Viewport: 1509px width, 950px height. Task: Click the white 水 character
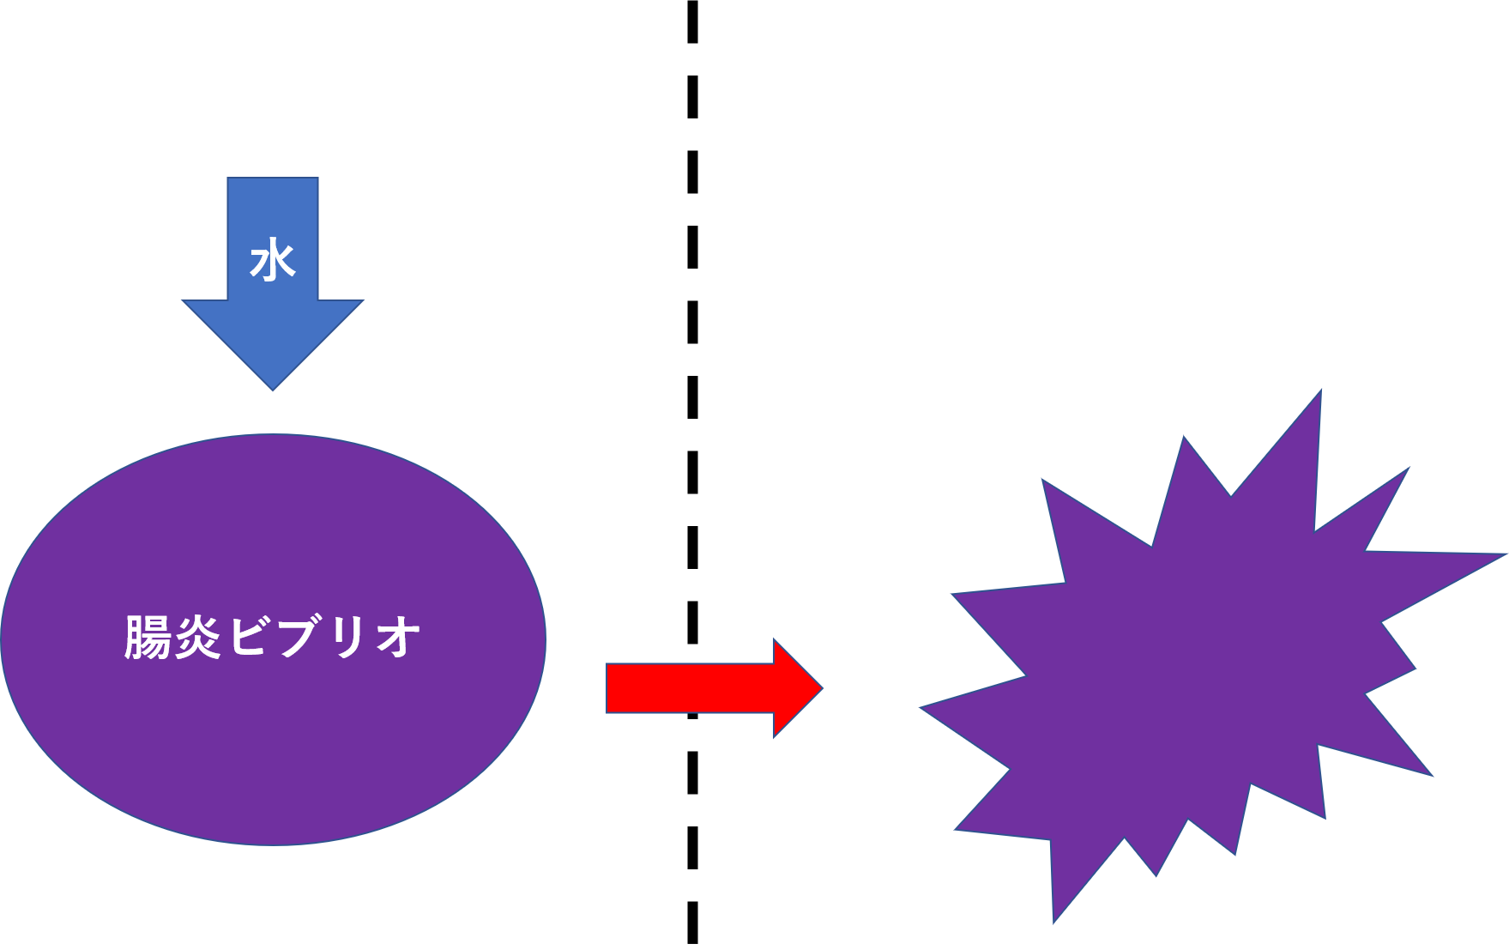point(273,261)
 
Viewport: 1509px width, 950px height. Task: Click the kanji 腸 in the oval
point(148,638)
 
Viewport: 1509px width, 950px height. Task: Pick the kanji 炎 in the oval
point(201,638)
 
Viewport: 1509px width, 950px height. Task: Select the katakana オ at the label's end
point(396,638)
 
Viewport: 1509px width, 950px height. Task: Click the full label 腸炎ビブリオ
point(273,638)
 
